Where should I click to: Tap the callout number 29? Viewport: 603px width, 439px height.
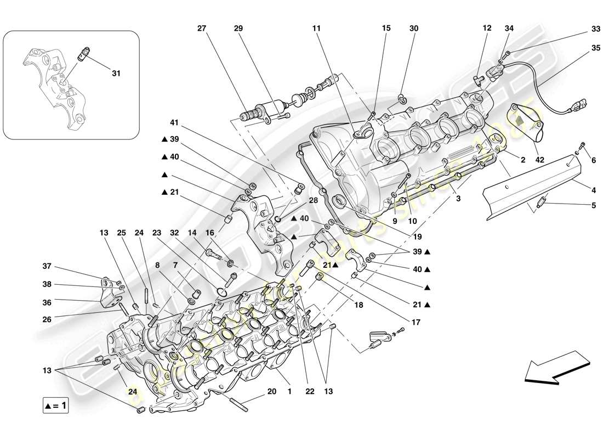pos(238,28)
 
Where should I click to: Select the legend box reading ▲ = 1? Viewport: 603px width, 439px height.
pos(56,406)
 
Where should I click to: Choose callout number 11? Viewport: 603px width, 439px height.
pos(316,28)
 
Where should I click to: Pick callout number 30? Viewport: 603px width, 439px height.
pos(414,28)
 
